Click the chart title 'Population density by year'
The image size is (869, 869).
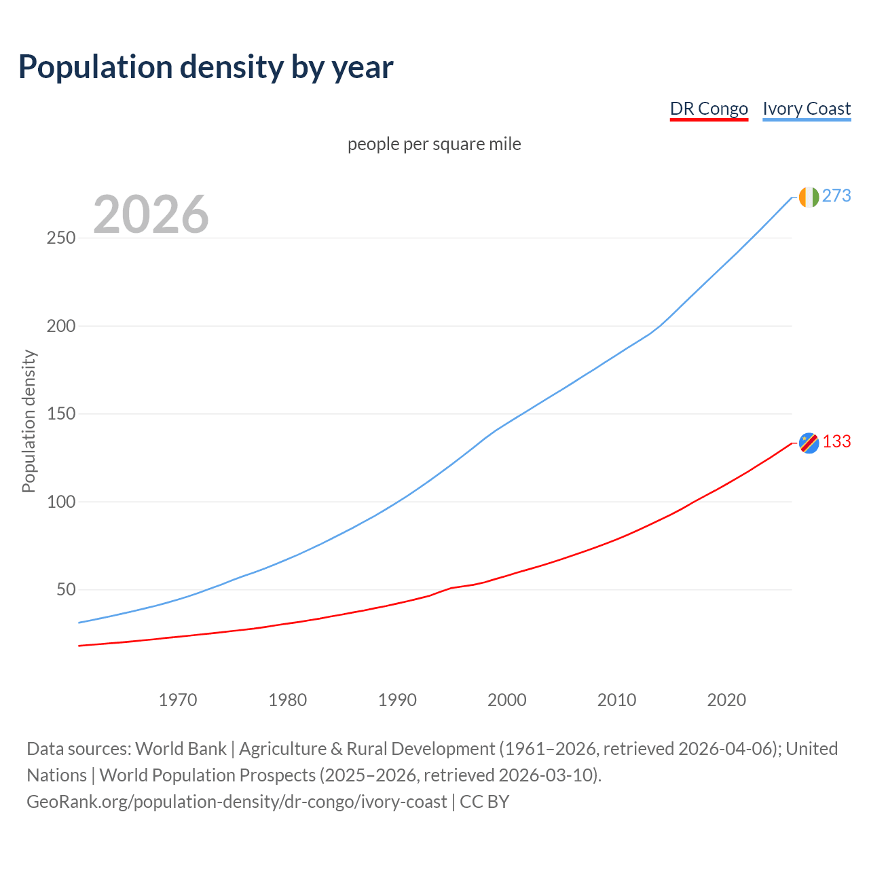(x=206, y=67)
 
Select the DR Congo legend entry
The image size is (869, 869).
(x=709, y=109)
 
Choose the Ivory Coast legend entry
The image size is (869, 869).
(x=807, y=109)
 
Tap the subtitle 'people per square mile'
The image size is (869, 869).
(x=434, y=144)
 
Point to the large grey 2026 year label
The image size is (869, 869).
(x=151, y=215)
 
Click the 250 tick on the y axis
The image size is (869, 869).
(x=61, y=238)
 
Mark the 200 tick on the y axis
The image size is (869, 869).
(x=61, y=326)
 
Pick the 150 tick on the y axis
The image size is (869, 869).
(x=61, y=414)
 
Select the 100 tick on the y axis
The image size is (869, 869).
(x=61, y=502)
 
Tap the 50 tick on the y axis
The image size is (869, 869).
(x=66, y=590)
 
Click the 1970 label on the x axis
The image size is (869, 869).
(x=178, y=700)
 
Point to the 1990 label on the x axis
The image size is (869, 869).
(x=397, y=700)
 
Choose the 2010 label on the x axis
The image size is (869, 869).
(x=616, y=700)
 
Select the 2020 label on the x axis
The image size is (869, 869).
(x=726, y=700)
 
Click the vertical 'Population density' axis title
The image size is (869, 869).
(x=29, y=421)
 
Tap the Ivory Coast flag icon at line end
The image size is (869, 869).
(x=809, y=197)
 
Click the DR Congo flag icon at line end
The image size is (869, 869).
(x=809, y=443)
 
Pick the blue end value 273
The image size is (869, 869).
(x=836, y=196)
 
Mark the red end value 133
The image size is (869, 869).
(x=836, y=442)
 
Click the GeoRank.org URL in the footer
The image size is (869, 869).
(x=237, y=802)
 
